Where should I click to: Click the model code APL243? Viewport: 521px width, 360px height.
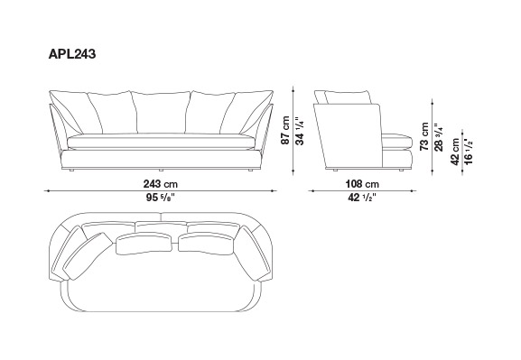[72, 54]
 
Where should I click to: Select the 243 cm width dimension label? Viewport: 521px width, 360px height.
[161, 184]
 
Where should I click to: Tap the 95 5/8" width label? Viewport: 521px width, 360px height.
[161, 198]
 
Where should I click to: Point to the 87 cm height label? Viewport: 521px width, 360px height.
[285, 130]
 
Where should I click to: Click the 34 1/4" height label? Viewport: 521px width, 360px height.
[299, 131]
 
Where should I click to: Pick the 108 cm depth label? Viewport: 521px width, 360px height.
[362, 184]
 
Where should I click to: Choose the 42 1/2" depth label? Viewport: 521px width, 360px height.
[362, 198]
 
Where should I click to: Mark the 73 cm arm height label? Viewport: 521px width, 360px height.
[424, 136]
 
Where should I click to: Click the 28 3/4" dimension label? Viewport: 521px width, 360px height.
[439, 137]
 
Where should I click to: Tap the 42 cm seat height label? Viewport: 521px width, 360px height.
[455, 151]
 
